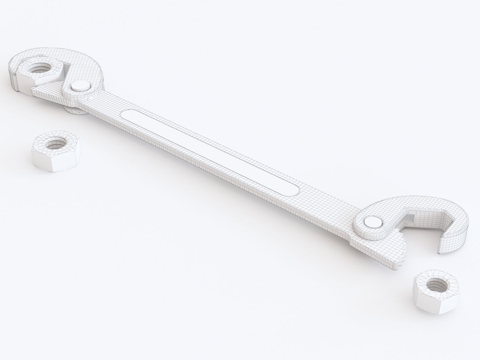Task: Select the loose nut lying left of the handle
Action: (x=56, y=152)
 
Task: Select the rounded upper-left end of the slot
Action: (x=127, y=114)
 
